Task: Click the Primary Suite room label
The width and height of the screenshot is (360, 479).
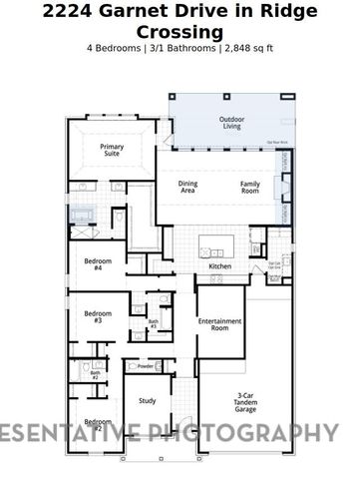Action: click(112, 152)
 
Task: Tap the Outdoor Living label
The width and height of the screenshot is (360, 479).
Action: click(230, 123)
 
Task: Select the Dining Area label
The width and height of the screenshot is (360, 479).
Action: click(187, 187)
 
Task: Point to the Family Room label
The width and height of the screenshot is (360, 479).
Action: click(249, 187)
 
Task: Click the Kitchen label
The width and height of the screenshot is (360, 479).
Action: click(219, 266)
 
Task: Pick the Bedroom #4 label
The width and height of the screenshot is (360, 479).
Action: click(98, 264)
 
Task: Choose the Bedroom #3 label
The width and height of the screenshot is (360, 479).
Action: click(98, 316)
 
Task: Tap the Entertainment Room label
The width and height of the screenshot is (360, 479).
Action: click(219, 324)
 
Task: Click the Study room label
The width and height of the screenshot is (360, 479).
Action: click(147, 401)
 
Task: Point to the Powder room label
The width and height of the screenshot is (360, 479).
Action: click(145, 366)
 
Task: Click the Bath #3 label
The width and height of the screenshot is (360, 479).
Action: click(154, 324)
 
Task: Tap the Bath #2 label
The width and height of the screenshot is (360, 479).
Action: click(95, 375)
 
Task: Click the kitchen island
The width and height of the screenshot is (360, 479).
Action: click(216, 245)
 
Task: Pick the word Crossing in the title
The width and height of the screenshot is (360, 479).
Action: click(180, 31)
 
